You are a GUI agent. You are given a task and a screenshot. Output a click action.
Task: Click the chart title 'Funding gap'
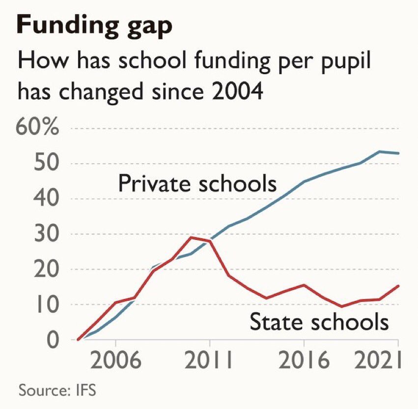(x=94, y=26)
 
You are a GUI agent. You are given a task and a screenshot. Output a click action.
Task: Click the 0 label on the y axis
(x=52, y=339)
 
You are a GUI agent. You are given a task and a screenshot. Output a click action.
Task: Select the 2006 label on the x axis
(x=116, y=362)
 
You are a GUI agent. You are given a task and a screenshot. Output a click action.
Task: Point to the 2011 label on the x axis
(x=210, y=362)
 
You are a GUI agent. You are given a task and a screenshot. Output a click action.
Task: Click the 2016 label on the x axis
(x=304, y=362)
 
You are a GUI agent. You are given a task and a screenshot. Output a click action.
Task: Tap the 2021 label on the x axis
(x=378, y=362)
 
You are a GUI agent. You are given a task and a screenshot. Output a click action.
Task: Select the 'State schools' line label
(x=319, y=322)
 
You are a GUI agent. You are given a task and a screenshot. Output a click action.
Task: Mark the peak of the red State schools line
(x=192, y=237)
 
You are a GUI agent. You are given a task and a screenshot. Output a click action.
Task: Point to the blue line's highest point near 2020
(x=379, y=151)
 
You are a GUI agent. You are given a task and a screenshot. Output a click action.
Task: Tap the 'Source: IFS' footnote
(x=57, y=391)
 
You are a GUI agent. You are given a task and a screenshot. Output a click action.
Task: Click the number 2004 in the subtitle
(x=231, y=91)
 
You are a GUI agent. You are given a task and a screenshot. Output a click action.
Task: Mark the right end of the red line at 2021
(x=398, y=285)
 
